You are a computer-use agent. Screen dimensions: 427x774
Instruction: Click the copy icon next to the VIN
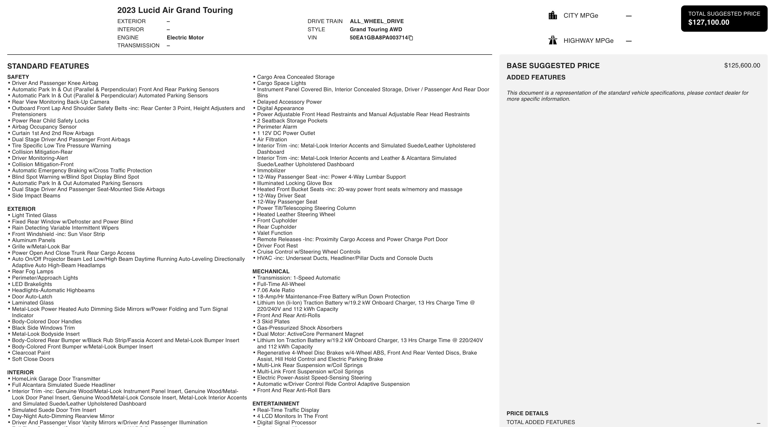pyautogui.click(x=411, y=38)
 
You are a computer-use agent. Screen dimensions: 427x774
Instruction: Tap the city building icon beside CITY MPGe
pyautogui.click(x=553, y=15)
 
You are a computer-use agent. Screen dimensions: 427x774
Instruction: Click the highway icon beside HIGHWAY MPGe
pyautogui.click(x=553, y=40)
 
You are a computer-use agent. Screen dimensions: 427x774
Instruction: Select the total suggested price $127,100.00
pyautogui.click(x=709, y=22)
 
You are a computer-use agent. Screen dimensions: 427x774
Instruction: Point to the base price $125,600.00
pyautogui.click(x=742, y=65)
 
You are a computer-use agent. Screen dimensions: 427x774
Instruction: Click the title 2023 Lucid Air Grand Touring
pyautogui.click(x=175, y=10)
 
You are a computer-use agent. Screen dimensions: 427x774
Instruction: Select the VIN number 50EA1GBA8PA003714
pyautogui.click(x=379, y=38)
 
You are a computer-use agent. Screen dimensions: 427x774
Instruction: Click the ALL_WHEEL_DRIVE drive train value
pyautogui.click(x=377, y=21)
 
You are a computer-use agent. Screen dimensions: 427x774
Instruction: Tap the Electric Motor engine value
pyautogui.click(x=185, y=38)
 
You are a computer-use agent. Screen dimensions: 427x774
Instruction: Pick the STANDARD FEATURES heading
pyautogui.click(x=48, y=66)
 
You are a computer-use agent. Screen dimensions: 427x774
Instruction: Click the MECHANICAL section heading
pyautogui.click(x=271, y=271)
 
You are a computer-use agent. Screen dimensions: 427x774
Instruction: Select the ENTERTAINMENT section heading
pyautogui.click(x=276, y=404)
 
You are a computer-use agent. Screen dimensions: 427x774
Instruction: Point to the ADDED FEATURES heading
pyautogui.click(x=536, y=77)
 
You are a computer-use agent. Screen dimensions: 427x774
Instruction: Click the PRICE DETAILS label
pyautogui.click(x=527, y=413)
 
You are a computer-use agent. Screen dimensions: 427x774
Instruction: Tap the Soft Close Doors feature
pyautogui.click(x=33, y=359)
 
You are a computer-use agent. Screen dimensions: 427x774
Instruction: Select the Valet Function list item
pyautogui.click(x=274, y=233)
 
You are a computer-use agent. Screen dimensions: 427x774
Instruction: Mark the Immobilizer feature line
pyautogui.click(x=271, y=170)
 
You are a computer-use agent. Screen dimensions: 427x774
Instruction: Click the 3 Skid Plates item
pyautogui.click(x=273, y=321)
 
